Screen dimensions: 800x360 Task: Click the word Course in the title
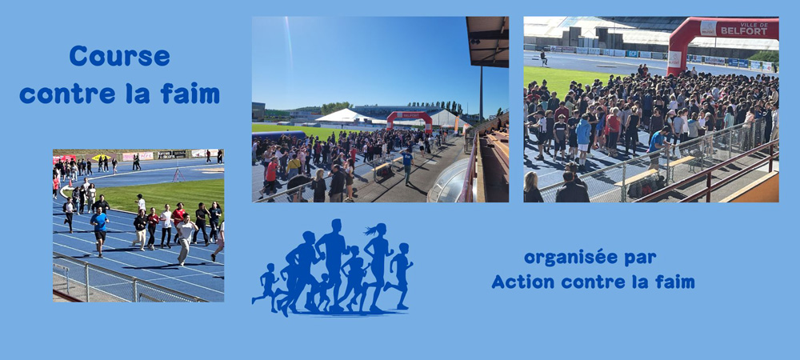[119, 56]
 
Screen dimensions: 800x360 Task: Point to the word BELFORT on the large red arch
[744, 31]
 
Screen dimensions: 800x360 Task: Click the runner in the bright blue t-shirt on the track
[99, 232]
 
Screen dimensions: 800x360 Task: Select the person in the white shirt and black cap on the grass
[140, 203]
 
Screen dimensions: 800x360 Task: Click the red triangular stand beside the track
[178, 175]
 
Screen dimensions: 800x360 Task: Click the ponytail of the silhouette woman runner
[371, 230]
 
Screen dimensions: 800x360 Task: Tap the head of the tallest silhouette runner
[335, 226]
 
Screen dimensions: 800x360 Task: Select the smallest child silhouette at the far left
[266, 287]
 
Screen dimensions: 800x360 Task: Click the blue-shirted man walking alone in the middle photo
[406, 166]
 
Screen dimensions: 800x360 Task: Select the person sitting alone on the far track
[544, 58]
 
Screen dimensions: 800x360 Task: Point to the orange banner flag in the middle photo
[456, 125]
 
